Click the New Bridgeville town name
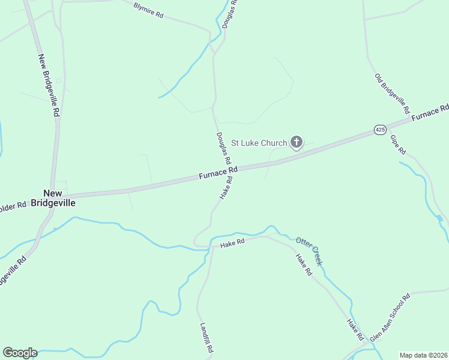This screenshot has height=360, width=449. tap(59, 198)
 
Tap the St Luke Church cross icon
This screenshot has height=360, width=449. tap(296, 142)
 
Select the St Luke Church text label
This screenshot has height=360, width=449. tap(260, 143)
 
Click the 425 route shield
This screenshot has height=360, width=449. tap(379, 130)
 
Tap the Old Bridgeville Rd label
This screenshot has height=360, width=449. tap(391, 94)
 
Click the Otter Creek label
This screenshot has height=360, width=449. tap(309, 251)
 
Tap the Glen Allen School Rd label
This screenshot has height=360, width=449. tap(390, 317)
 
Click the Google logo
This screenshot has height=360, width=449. tap(20, 353)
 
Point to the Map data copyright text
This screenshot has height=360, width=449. tap(424, 355)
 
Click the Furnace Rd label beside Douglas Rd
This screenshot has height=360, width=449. tap(218, 174)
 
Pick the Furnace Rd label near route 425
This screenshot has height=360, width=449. tap(430, 112)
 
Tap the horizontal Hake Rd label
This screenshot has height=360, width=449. tap(232, 243)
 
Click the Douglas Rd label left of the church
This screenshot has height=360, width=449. tap(223, 149)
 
